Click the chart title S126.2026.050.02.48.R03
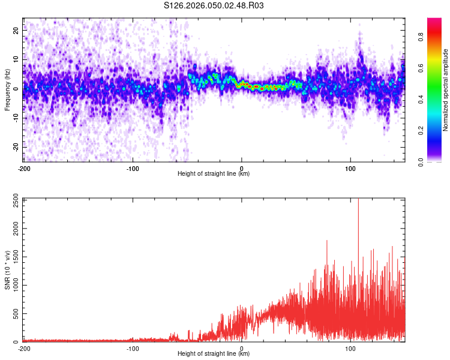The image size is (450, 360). pyautogui.click(x=214, y=6)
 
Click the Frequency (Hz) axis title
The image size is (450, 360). pyautogui.click(x=7, y=90)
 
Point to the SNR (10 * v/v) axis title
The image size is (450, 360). pyautogui.click(x=7, y=271)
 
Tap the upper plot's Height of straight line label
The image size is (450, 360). pyautogui.click(x=214, y=173)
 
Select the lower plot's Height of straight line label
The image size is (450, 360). pyautogui.click(x=214, y=353)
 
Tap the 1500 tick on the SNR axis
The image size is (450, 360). pyautogui.click(x=11, y=257)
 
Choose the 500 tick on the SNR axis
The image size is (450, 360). pyautogui.click(x=13, y=314)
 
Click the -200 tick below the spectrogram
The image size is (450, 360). pyautogui.click(x=24, y=168)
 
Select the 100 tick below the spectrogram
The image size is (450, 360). pyautogui.click(x=350, y=168)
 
